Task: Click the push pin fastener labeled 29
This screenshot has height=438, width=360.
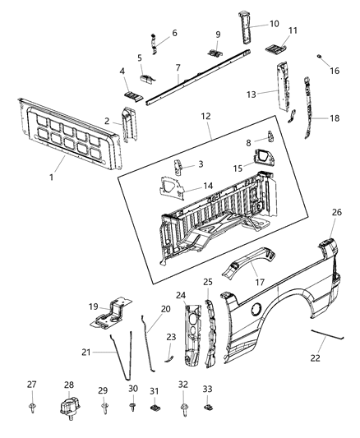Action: coord(104,406)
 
